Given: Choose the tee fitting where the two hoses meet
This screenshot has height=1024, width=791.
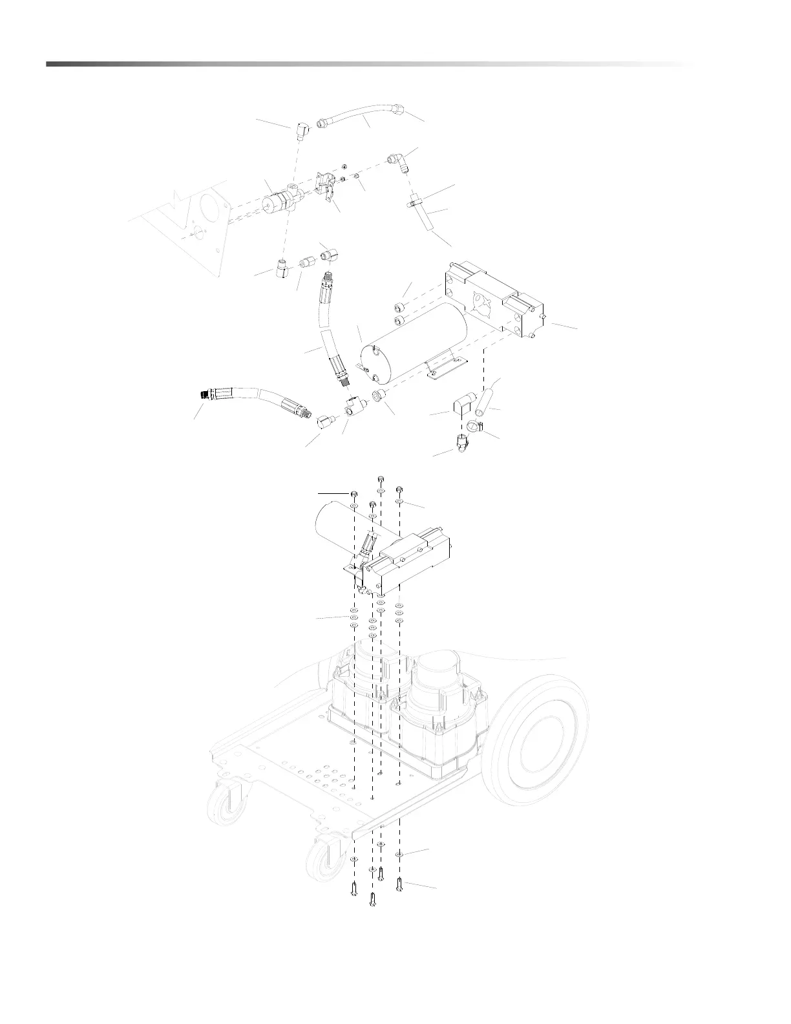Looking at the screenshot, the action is pos(352,406).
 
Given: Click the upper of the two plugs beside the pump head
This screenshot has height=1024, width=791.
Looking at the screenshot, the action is pos(401,306).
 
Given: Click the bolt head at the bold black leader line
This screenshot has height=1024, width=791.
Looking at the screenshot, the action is pos(355,495).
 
